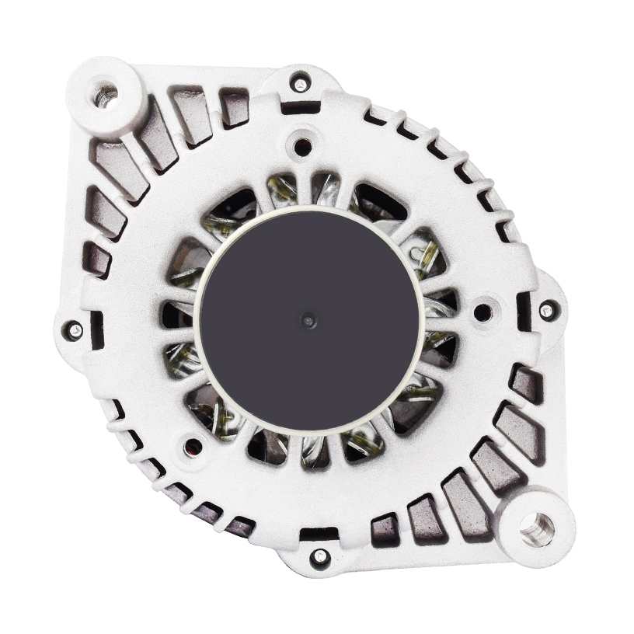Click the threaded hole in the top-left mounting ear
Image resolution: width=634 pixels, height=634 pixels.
tap(106, 94)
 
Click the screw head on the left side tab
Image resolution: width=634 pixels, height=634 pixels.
tap(75, 330)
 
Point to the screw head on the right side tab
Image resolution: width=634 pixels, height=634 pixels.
tap(546, 310)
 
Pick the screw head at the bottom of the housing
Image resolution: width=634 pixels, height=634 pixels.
tap(320, 556)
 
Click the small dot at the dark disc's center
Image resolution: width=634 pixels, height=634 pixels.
tap(309, 319)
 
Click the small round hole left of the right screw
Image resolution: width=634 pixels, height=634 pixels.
tap(482, 312)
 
